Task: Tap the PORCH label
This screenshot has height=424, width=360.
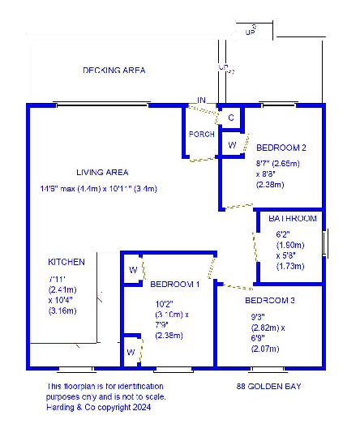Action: click(200, 134)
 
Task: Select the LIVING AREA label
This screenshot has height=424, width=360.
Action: click(102, 172)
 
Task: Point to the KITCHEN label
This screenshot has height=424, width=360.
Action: click(66, 263)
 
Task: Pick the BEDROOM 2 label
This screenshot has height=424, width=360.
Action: click(281, 148)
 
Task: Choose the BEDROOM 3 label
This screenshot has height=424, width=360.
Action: click(269, 301)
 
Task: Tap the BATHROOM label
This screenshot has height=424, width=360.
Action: click(293, 219)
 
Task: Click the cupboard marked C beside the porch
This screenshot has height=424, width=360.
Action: click(231, 118)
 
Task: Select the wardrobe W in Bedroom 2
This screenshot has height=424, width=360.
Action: click(231, 144)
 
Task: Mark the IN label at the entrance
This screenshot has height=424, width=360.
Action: click(201, 101)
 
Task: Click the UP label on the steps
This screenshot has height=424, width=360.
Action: click(250, 32)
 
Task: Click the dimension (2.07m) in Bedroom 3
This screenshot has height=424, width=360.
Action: click(264, 349)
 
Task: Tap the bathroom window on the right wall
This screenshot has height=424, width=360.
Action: click(324, 242)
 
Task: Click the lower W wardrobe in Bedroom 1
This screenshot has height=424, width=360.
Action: click(131, 353)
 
